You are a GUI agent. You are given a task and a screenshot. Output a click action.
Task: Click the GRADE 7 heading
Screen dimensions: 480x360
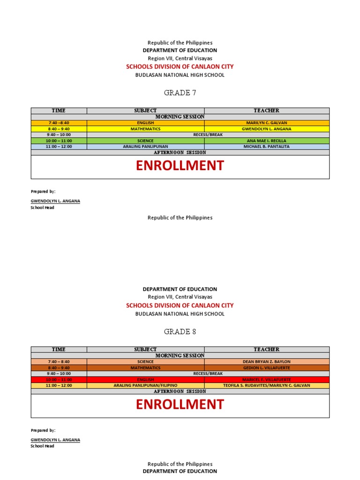pos(180,93)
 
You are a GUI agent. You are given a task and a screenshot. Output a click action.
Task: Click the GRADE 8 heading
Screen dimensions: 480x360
pos(180,331)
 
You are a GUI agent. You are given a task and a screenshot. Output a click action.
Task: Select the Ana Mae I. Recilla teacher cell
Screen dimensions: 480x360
pos(266,141)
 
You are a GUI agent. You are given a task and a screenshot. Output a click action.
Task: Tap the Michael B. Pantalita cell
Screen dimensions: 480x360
pos(266,147)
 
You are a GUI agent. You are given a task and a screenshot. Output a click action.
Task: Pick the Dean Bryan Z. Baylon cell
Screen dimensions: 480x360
pos(266,362)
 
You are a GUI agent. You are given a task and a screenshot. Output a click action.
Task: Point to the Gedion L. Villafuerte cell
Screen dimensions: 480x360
pos(266,368)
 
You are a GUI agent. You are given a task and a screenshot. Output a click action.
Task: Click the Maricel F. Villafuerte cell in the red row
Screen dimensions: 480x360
pos(266,379)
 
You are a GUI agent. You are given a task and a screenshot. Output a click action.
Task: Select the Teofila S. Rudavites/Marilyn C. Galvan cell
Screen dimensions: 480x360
pos(266,385)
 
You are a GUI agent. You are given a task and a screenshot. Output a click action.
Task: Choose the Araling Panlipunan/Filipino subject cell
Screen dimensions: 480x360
pos(145,385)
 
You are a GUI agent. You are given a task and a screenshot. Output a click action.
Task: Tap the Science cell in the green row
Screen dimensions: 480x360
pos(145,141)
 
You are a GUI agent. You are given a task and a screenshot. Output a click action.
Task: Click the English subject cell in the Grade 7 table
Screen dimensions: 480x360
pos(145,123)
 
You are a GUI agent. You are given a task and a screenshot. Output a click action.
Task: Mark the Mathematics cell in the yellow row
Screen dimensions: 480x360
pos(145,129)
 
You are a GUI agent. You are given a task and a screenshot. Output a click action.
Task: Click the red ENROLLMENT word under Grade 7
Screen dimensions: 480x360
pos(180,166)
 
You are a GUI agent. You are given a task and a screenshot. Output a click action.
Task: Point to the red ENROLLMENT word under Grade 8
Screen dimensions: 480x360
pos(180,405)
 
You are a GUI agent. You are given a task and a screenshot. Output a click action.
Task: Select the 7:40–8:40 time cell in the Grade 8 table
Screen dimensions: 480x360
pos(59,362)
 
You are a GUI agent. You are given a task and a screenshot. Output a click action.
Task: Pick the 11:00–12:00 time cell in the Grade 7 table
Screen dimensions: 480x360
pos(59,147)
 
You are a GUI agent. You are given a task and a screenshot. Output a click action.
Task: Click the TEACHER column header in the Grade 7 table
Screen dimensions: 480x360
pos(266,111)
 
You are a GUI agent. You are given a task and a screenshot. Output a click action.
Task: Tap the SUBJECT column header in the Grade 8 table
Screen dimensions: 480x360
pos(145,350)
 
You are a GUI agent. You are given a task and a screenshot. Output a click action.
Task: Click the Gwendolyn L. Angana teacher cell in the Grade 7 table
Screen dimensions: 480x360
pos(266,129)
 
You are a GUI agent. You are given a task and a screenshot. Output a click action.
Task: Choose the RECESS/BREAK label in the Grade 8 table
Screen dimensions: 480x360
pos(208,374)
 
